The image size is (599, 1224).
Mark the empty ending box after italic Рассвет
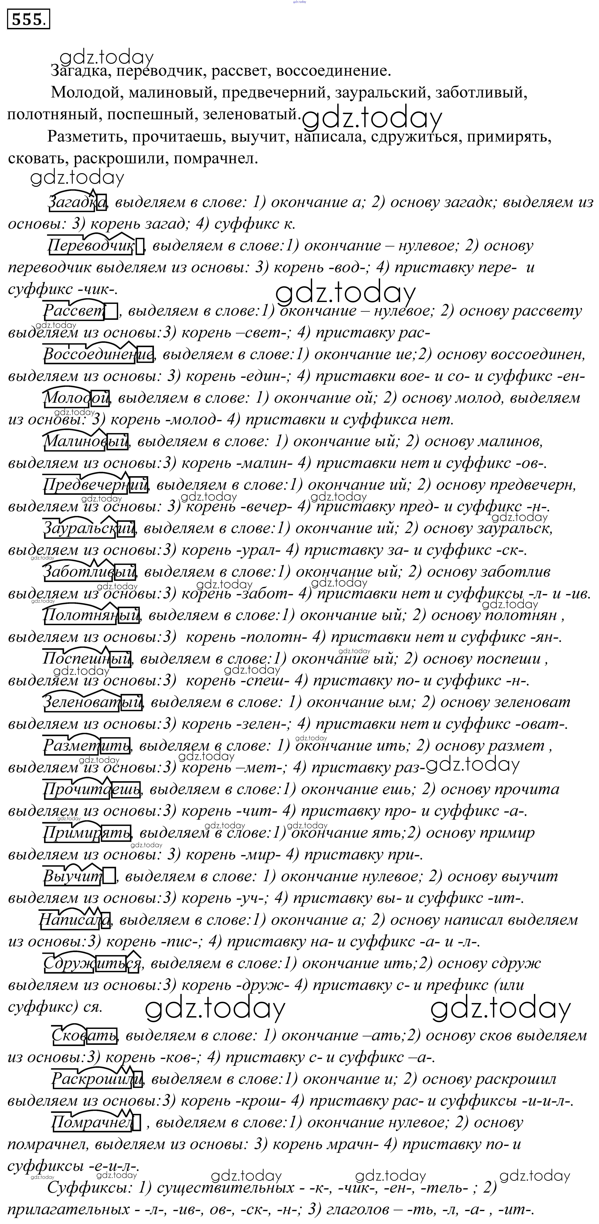pyautogui.click(x=111, y=311)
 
